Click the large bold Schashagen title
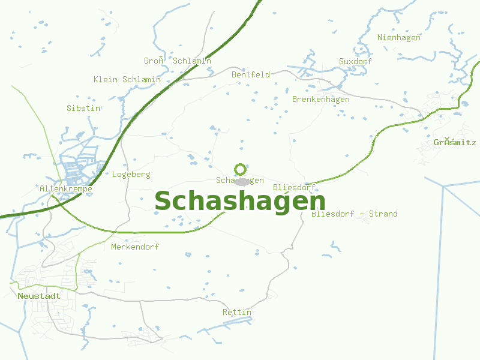tap(240, 202)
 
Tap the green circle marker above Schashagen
tap(241, 169)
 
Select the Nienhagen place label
tap(399, 38)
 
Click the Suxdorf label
tap(355, 62)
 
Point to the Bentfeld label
tap(251, 75)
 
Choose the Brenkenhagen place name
tap(320, 100)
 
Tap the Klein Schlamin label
tap(127, 80)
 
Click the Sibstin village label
tap(83, 109)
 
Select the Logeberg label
tap(131, 175)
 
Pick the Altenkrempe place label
tap(66, 189)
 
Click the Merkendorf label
tap(135, 247)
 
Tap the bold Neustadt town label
tap(40, 296)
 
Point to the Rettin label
tap(237, 313)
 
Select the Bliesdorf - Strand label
tap(354, 214)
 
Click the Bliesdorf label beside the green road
tap(294, 188)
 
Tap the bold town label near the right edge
tap(455, 143)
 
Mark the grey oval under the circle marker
tap(242, 182)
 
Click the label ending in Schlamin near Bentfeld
tap(178, 61)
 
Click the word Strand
tap(383, 214)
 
